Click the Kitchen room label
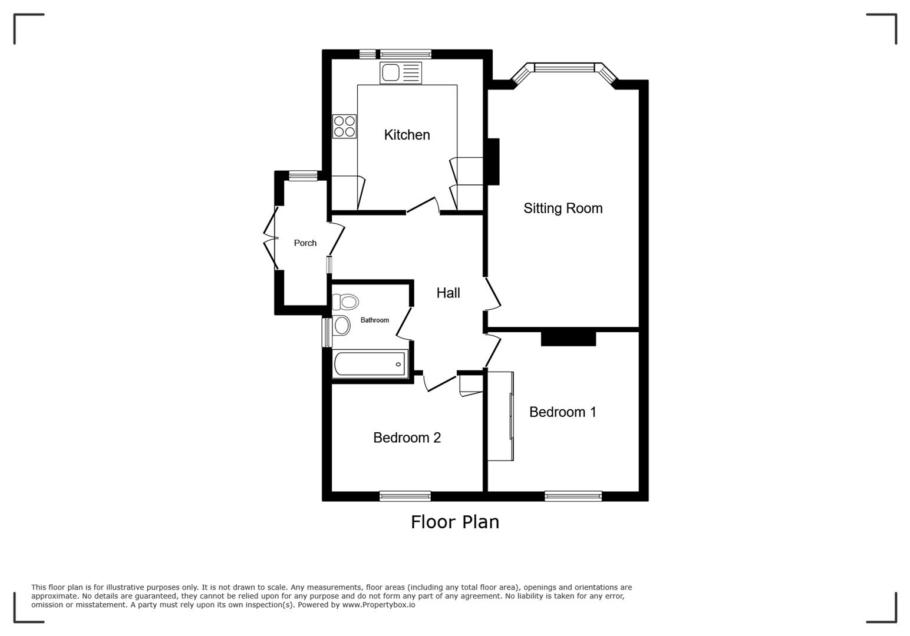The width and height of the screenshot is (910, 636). (x=407, y=135)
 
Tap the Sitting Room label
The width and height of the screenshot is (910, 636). (x=563, y=208)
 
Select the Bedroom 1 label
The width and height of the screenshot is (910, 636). (x=562, y=412)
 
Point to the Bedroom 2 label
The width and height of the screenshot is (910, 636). (x=407, y=438)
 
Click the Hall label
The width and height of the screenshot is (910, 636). (x=448, y=293)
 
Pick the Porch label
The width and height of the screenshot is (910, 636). (x=305, y=243)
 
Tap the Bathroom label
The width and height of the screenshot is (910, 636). (x=374, y=320)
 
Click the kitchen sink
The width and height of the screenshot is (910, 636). (x=401, y=73)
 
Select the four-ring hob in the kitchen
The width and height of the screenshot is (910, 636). (x=344, y=126)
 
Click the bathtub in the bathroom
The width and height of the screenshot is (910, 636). (x=370, y=364)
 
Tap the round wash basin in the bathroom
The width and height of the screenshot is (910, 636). (x=341, y=325)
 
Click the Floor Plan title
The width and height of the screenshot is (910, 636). (x=454, y=522)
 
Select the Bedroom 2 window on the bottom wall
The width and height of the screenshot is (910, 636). (x=405, y=496)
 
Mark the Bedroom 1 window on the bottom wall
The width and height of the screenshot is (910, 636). (x=573, y=496)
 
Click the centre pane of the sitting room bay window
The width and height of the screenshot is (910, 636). (x=564, y=68)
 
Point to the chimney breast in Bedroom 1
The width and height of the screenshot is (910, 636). (x=568, y=339)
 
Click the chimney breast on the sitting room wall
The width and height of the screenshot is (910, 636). (x=493, y=161)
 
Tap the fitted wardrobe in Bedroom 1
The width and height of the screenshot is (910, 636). (x=500, y=416)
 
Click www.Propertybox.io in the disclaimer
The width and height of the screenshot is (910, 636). (x=378, y=605)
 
